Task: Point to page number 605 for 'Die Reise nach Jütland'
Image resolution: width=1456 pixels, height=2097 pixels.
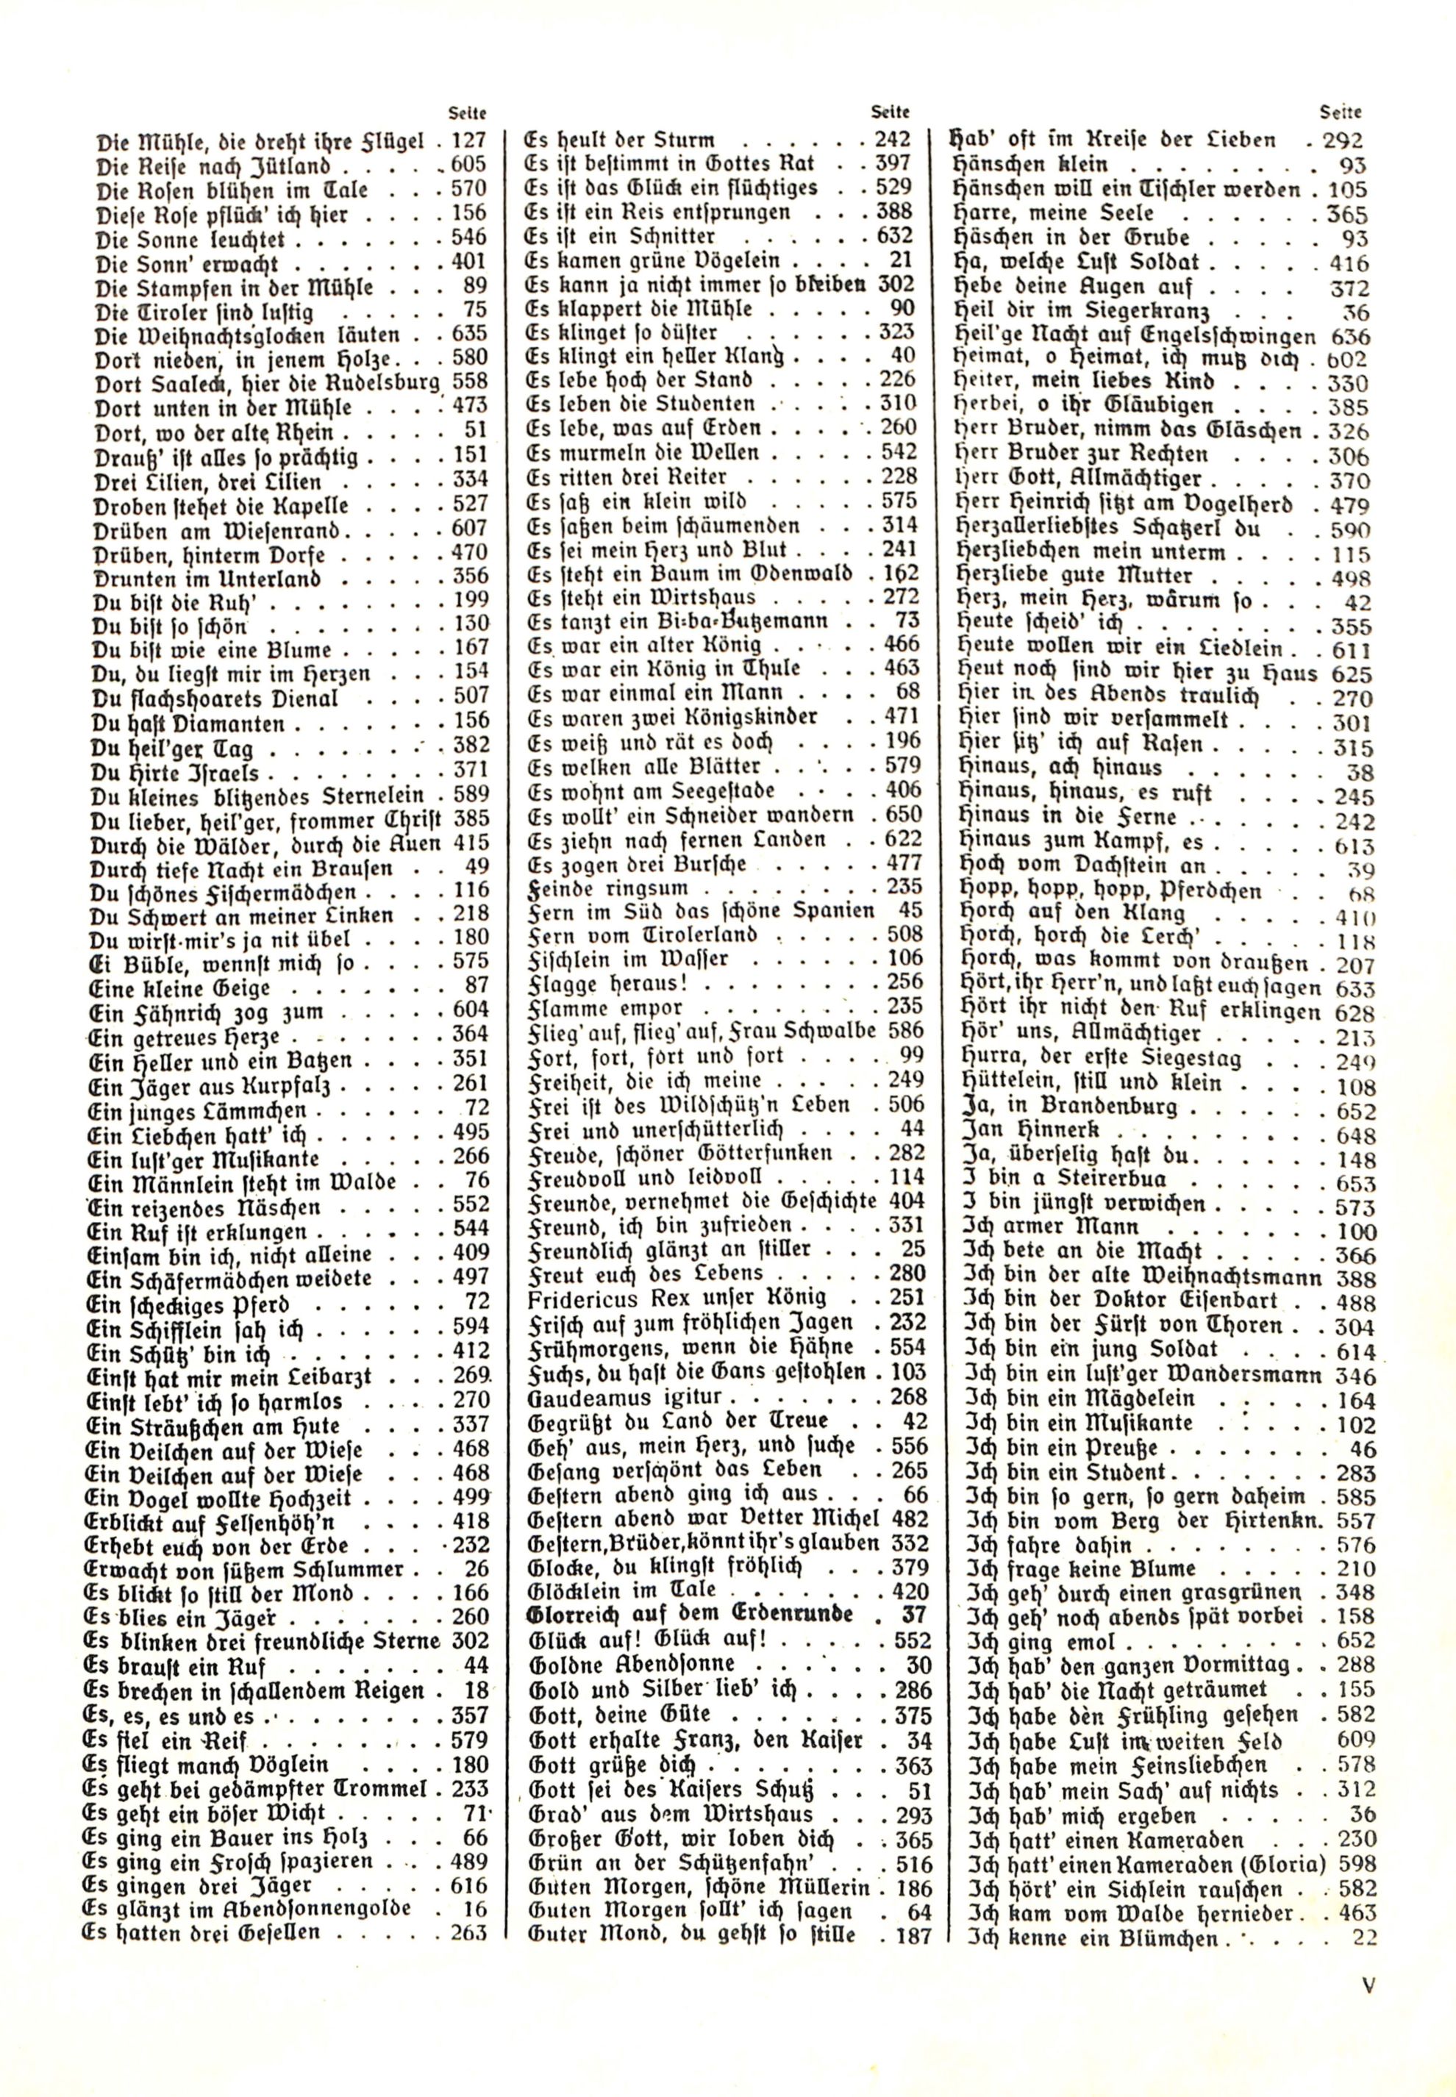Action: click(x=470, y=166)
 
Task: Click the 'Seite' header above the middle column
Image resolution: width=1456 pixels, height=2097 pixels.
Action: click(x=890, y=113)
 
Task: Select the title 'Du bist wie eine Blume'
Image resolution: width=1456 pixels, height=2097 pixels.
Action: click(x=212, y=651)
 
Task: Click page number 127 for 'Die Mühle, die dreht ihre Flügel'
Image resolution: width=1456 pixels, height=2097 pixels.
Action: click(x=470, y=141)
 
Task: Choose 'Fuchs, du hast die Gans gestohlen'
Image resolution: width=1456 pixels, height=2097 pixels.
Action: click(x=697, y=1372)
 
